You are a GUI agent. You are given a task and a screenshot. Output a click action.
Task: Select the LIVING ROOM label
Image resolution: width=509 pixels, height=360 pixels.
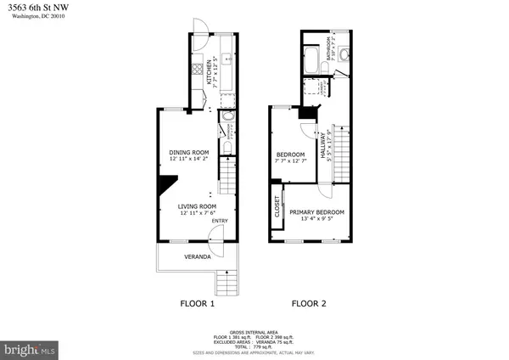point(198,206)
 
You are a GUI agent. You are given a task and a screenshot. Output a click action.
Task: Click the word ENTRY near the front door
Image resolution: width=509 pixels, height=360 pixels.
point(220,222)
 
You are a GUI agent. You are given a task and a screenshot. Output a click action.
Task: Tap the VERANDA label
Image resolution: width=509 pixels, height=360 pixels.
point(198,256)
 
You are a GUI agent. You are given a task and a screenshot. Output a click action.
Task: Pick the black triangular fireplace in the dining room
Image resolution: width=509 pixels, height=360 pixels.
point(168,185)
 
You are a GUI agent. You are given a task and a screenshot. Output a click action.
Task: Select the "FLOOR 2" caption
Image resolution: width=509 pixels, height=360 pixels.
point(310,302)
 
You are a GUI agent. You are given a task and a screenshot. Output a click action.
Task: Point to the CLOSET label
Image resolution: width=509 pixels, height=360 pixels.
point(277,207)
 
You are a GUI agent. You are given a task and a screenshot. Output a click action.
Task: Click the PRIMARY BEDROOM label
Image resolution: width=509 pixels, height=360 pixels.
point(317,211)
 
